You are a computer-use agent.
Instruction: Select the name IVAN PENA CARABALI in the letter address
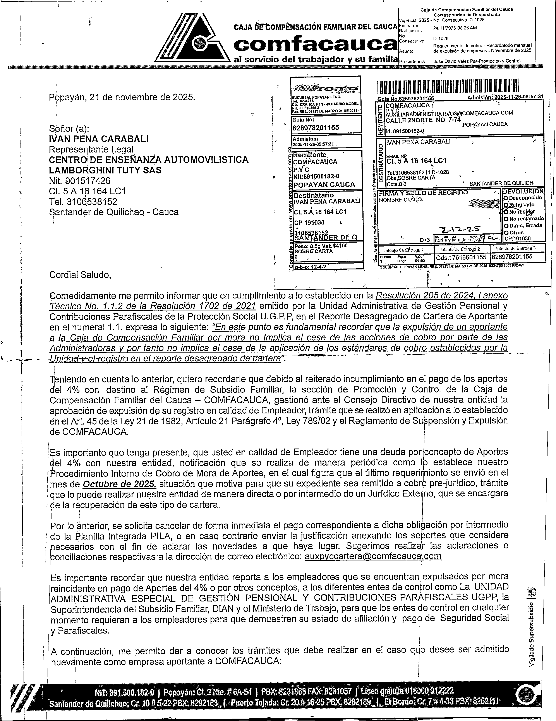pyautogui.click(x=98, y=139)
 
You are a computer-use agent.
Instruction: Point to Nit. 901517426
pyautogui.click(x=80, y=181)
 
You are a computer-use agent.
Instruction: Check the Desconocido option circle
pyautogui.click(x=506, y=198)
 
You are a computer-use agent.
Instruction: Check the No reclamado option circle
pyautogui.click(x=506, y=219)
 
